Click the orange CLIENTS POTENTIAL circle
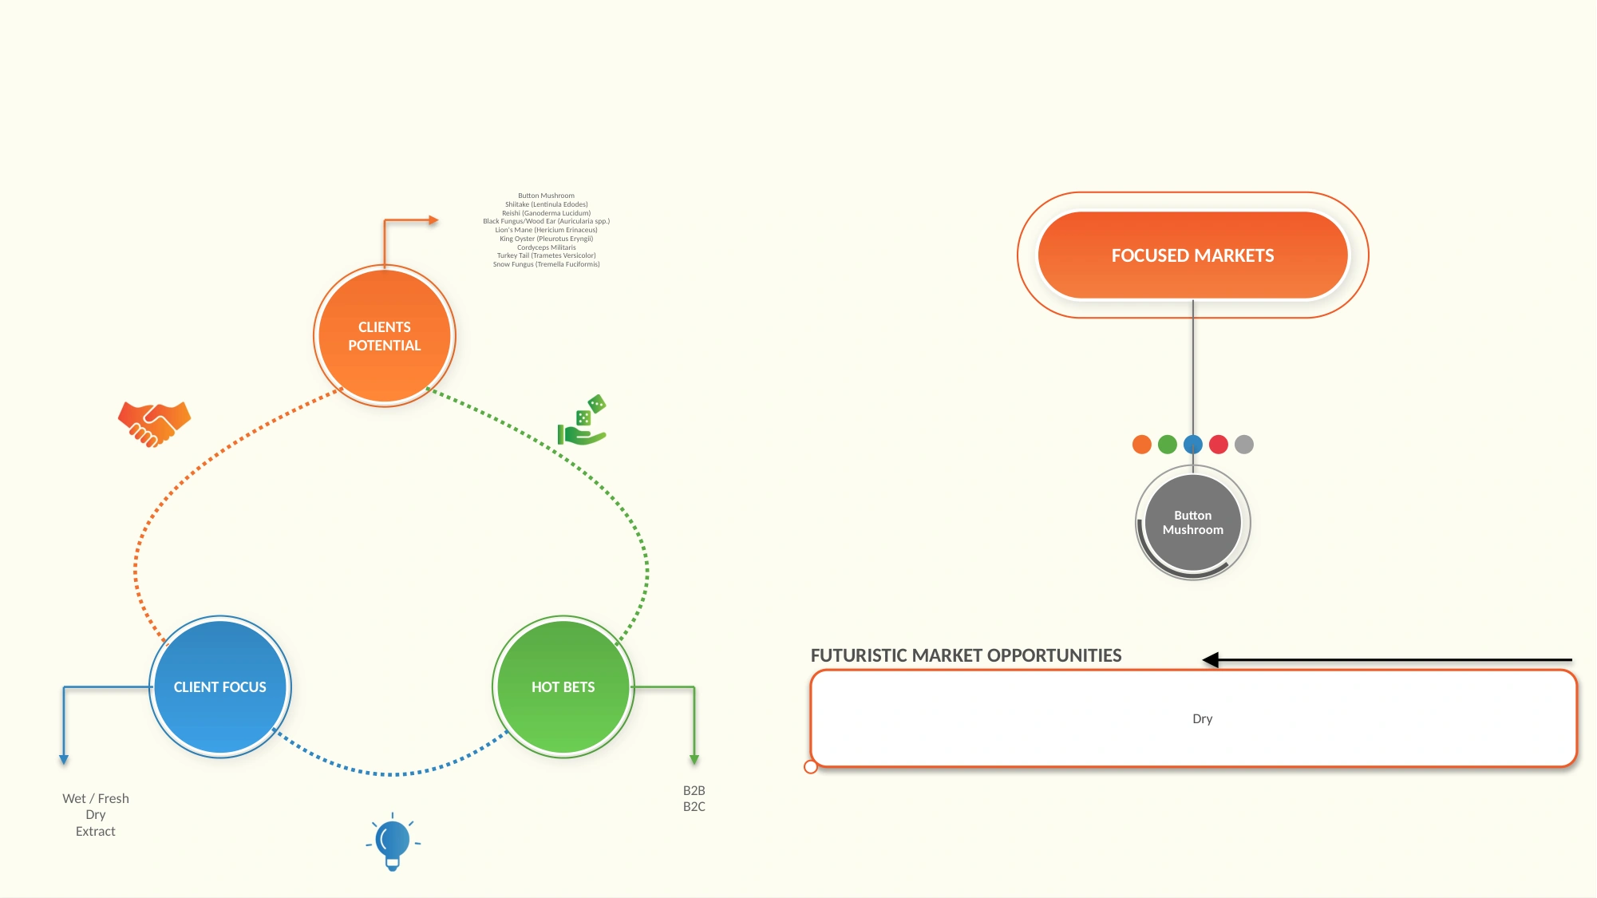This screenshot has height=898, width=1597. [385, 336]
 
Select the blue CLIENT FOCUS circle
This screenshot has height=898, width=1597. [220, 686]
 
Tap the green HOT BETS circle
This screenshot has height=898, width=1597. [563, 686]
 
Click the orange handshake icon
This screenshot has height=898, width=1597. [155, 424]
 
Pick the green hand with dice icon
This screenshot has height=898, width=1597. [583, 420]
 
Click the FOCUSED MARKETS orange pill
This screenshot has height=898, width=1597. [1193, 255]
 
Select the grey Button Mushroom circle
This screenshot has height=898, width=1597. [1193, 523]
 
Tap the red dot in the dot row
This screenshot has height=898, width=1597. [1219, 445]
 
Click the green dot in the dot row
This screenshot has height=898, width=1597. [1168, 445]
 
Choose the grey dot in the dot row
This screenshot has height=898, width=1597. [1244, 445]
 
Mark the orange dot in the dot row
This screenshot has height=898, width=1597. [1142, 445]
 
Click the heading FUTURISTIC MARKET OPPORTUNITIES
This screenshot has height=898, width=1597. [967, 655]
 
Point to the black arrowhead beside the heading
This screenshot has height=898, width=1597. [1211, 660]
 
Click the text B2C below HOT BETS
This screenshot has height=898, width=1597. [694, 807]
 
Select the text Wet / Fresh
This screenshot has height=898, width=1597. [96, 798]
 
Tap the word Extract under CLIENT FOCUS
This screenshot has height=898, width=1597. [96, 832]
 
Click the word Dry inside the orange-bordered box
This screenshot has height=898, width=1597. [1203, 719]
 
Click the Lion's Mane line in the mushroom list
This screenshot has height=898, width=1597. [547, 230]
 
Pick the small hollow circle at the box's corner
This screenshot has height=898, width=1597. [811, 767]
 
